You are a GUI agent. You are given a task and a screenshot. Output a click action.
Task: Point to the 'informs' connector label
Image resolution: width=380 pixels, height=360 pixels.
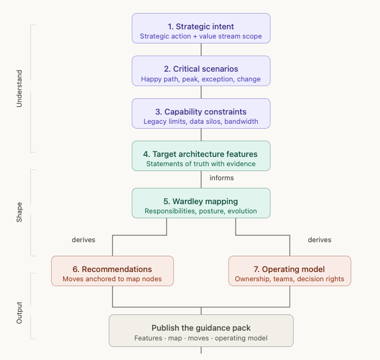click(222, 178)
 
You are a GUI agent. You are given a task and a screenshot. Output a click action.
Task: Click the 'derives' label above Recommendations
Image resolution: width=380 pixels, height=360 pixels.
click(84, 239)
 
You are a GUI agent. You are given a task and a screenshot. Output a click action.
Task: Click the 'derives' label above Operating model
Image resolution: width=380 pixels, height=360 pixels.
click(320, 239)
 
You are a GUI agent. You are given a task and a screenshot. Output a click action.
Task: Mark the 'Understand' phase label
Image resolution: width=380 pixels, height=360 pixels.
click(20, 89)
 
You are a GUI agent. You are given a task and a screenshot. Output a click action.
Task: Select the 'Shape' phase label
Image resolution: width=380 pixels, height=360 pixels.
click(20, 212)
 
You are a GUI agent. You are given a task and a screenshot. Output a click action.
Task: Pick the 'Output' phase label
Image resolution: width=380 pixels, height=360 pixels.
click(20, 313)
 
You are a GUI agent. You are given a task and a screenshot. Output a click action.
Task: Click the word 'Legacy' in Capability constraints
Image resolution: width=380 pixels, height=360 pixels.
click(155, 122)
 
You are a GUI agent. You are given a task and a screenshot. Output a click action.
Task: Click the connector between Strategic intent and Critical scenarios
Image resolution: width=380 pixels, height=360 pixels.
click(201, 49)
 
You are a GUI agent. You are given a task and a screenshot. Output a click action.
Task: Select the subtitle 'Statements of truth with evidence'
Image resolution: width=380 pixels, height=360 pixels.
click(201, 164)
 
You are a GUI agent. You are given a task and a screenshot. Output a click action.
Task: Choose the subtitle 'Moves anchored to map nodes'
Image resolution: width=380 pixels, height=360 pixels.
click(113, 279)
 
